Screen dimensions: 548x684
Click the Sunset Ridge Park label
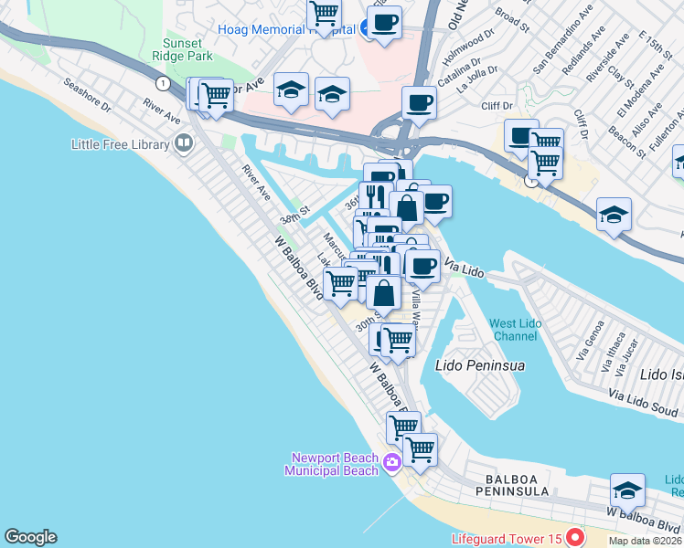pyautogui.click(x=189, y=50)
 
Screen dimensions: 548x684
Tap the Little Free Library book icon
pyautogui.click(x=183, y=143)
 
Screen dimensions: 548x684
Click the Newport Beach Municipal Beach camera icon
pyautogui.click(x=392, y=462)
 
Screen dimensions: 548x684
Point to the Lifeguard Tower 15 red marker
pyautogui.click(x=574, y=536)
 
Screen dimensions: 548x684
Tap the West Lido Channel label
pyautogui.click(x=513, y=330)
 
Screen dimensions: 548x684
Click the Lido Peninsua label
pyautogui.click(x=480, y=365)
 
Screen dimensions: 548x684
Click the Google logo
pyautogui.click(x=30, y=537)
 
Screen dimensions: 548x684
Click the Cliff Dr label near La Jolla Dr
pyautogui.click(x=497, y=106)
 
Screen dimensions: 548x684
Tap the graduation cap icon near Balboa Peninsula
pyautogui.click(x=627, y=490)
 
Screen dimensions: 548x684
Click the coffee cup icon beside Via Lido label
pyautogui.click(x=422, y=266)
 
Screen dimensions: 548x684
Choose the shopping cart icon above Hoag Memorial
pyautogui.click(x=324, y=14)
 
